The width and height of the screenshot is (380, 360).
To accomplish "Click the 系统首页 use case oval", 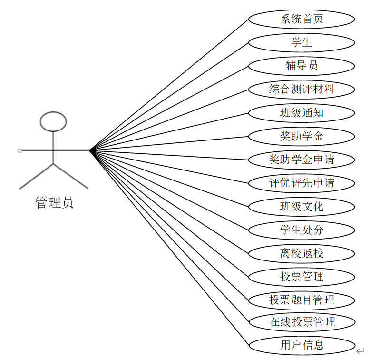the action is tap(302, 20).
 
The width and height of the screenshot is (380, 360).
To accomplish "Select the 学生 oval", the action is tap(302, 43).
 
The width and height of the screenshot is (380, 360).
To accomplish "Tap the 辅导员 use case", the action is tap(302, 66).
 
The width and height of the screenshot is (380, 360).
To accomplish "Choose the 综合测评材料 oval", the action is tap(302, 90).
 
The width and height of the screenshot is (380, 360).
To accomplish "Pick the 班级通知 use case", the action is tap(302, 113).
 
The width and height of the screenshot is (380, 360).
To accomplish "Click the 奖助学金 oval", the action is tap(302, 137).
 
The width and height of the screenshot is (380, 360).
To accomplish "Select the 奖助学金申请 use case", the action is tap(302, 160).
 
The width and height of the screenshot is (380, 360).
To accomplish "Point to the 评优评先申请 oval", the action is tap(302, 183).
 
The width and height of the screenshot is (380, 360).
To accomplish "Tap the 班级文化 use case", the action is tap(302, 207).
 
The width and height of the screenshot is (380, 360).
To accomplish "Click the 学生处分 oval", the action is tap(302, 230).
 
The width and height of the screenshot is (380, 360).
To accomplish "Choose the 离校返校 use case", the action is tap(302, 253).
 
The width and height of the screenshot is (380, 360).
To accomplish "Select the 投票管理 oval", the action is tap(302, 277).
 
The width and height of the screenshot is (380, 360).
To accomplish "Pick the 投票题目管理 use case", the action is tap(302, 300).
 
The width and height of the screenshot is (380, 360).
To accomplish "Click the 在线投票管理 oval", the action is tap(302, 322).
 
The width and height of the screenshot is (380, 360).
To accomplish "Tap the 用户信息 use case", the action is tap(302, 345).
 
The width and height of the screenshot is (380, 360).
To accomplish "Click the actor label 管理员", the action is tap(54, 203).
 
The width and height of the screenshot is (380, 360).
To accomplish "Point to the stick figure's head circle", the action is tap(53, 121).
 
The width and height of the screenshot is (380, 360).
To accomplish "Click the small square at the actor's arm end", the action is tap(19, 150).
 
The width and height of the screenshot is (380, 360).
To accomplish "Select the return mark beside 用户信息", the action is tap(360, 351).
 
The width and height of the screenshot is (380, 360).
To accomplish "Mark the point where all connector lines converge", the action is tap(89, 150).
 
